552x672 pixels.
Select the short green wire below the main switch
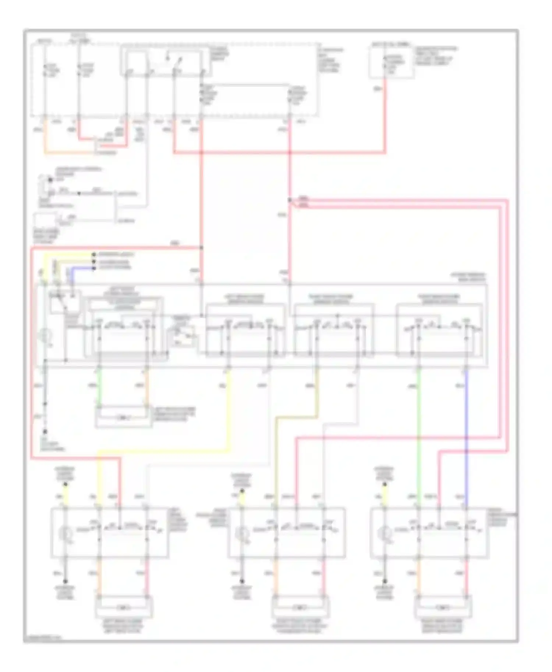[x=99, y=386]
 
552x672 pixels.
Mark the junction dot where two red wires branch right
[x=290, y=200]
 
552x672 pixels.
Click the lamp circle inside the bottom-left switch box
[x=65, y=532]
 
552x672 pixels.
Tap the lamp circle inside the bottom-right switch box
[x=385, y=532]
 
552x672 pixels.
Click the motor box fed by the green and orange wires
[x=123, y=418]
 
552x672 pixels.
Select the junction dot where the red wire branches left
[x=201, y=248]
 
